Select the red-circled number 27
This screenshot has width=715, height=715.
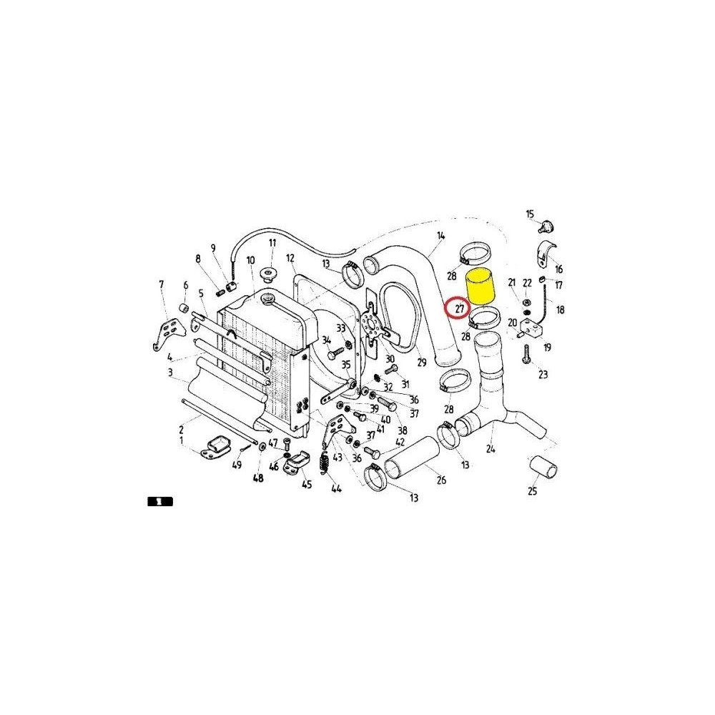[456, 310]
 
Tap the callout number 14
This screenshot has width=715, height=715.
[441, 235]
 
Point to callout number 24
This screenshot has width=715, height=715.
[490, 449]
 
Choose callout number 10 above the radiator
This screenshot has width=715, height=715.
[250, 261]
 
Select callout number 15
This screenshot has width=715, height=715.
[530, 214]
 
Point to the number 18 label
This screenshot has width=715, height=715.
[561, 310]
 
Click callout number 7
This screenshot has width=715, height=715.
[161, 285]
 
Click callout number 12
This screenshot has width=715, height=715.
[290, 258]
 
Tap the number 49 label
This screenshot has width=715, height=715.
[237, 465]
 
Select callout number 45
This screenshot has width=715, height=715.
[307, 485]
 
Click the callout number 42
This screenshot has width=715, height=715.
[399, 442]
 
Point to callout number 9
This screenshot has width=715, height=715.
[213, 248]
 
